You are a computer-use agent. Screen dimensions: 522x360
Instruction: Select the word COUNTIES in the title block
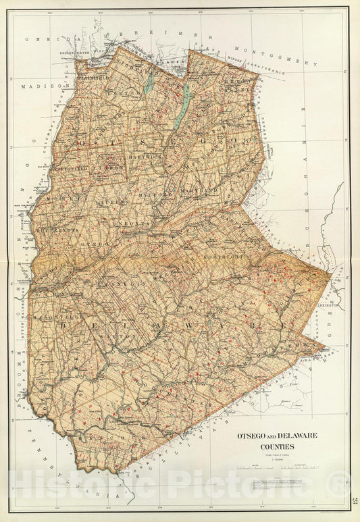(268, 446)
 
